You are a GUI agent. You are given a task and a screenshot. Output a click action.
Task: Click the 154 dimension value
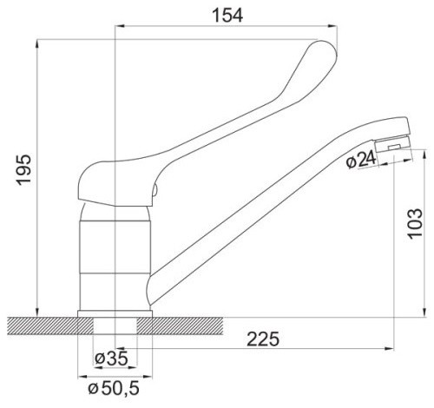pos(227,16)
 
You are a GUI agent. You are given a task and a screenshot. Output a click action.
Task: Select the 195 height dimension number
pos(23,169)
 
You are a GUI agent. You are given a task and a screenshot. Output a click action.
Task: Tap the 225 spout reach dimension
pos(263,339)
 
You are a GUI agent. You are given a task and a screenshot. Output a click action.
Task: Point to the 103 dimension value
pos(415,223)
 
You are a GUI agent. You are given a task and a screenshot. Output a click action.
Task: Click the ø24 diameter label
pos(361,160)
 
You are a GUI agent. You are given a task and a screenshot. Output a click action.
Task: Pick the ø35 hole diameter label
pos(111,359)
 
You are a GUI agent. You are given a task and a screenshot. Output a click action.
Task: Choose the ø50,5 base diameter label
pos(114,388)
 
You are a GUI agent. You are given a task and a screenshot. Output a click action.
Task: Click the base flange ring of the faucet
pos(115,313)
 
